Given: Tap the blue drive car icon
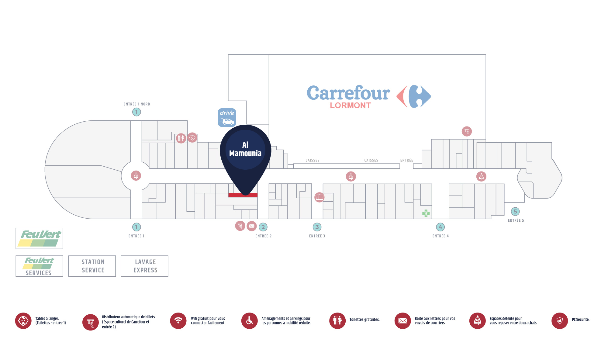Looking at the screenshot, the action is (227, 117).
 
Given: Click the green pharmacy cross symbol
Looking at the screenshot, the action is (426, 213).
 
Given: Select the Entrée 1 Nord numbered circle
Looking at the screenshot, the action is (136, 112).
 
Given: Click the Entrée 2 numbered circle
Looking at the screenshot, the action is (263, 227).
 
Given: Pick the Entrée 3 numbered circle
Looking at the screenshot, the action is (317, 227).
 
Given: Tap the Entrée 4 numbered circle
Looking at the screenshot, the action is (440, 227).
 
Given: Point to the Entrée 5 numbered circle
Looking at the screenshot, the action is (515, 211).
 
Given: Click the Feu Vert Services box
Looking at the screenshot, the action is (40, 266).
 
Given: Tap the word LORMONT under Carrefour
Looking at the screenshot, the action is (351, 106).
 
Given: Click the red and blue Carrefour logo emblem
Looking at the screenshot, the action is (414, 96).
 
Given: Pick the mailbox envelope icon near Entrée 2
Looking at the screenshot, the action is (252, 226).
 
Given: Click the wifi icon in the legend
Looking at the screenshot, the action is (178, 321).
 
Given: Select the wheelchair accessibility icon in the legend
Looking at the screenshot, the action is (250, 321).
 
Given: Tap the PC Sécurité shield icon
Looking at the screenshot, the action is (560, 321).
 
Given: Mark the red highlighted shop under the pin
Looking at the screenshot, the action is (243, 195).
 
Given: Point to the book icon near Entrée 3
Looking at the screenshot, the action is (320, 197).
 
